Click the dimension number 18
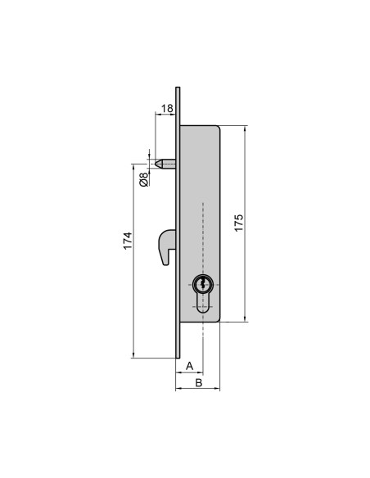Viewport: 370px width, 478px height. [167, 108]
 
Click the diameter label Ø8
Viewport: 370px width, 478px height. [144, 178]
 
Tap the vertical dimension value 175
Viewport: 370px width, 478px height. [238, 223]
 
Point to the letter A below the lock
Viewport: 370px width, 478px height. [189, 365]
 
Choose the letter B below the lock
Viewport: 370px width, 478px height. [196, 383]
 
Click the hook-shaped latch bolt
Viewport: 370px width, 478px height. [163, 246]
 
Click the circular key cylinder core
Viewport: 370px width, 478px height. [203, 286]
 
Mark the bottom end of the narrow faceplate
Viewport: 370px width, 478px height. [177, 357]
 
